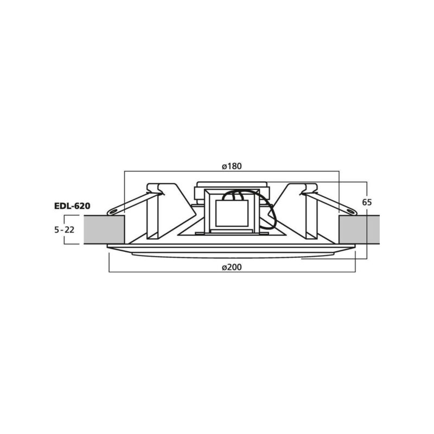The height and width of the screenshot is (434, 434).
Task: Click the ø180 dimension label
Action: coord(232,166)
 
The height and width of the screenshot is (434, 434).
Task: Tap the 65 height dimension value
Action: coord(367,202)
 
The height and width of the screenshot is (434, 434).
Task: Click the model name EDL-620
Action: coord(72,206)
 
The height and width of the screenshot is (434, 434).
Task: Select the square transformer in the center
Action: coord(232,214)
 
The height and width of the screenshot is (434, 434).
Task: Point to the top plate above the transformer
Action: coord(232,184)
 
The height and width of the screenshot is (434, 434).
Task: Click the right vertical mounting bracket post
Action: coord(311,214)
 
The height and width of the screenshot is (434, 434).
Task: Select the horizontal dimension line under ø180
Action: coord(179,172)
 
